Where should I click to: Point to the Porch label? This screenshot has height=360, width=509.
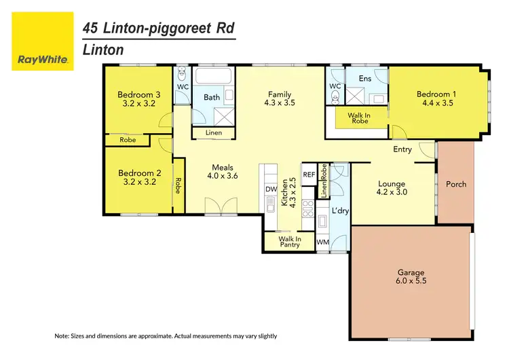coord(456,184)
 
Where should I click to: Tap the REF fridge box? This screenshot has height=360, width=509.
coord(309,175)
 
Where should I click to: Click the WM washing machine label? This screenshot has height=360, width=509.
coord(323,242)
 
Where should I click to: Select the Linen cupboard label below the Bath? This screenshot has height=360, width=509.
coord(212,132)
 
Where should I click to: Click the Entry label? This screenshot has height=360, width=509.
coord(402,149)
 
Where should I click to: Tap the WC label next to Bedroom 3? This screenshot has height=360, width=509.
coord(182,86)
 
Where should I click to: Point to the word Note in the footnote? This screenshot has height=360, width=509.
coord(63,336)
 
